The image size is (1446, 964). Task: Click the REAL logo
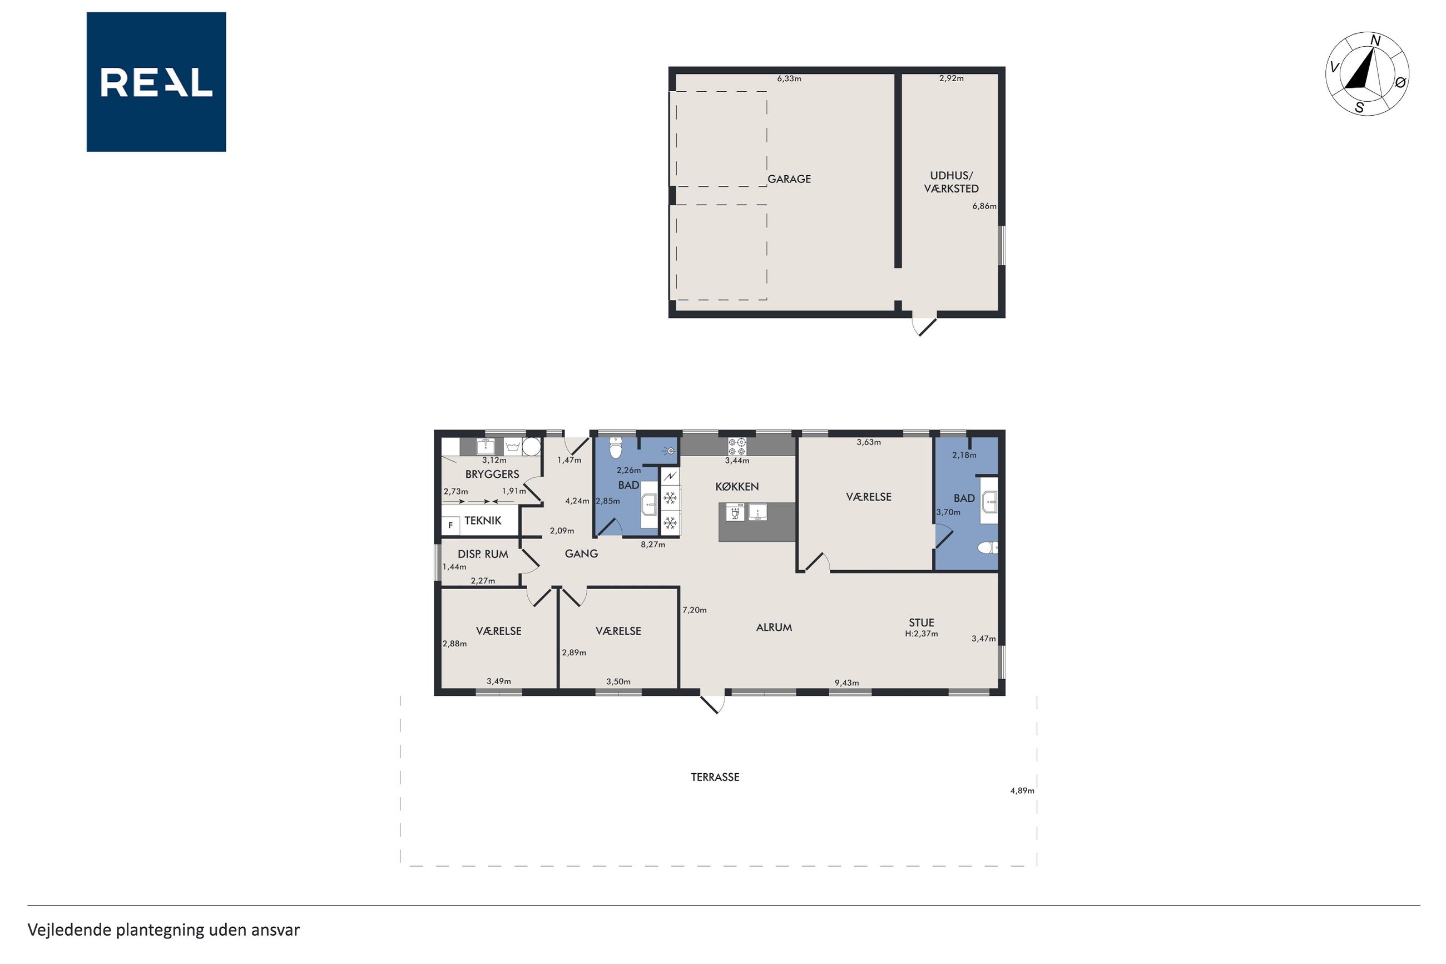tap(156, 82)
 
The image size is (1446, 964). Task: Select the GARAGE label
tap(789, 179)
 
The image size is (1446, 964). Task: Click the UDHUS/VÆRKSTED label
tap(951, 182)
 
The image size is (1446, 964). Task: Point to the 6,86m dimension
tap(984, 206)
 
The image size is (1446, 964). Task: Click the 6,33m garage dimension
tap(789, 78)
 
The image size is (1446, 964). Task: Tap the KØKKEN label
tap(737, 486)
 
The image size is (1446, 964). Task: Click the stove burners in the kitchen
tap(736, 446)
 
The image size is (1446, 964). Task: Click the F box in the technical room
tap(450, 526)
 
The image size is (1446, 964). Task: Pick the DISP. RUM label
tap(483, 554)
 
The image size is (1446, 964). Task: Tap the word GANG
tap(581, 553)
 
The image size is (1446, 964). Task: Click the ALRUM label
tap(774, 627)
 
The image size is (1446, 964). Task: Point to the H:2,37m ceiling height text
tap(921, 634)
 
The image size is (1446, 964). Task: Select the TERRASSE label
tap(715, 777)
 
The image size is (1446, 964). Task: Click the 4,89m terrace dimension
tap(1022, 790)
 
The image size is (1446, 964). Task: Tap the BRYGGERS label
tap(492, 474)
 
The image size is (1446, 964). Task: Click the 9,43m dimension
tap(846, 683)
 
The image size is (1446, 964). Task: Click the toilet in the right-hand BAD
tap(988, 547)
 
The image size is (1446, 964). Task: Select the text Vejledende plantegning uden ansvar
tap(164, 930)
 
